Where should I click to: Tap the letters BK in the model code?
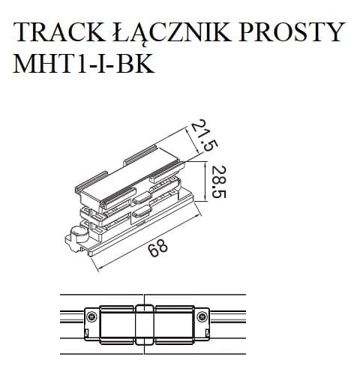point(138,64)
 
